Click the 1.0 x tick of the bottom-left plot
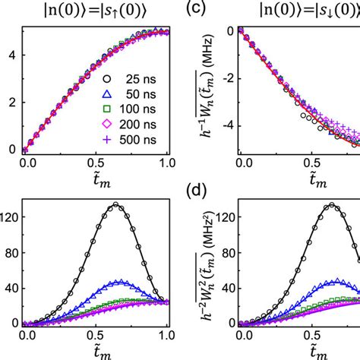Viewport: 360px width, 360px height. (165, 335)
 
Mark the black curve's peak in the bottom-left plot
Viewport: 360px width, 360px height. (115, 204)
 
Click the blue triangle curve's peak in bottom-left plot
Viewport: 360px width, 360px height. (118, 282)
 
